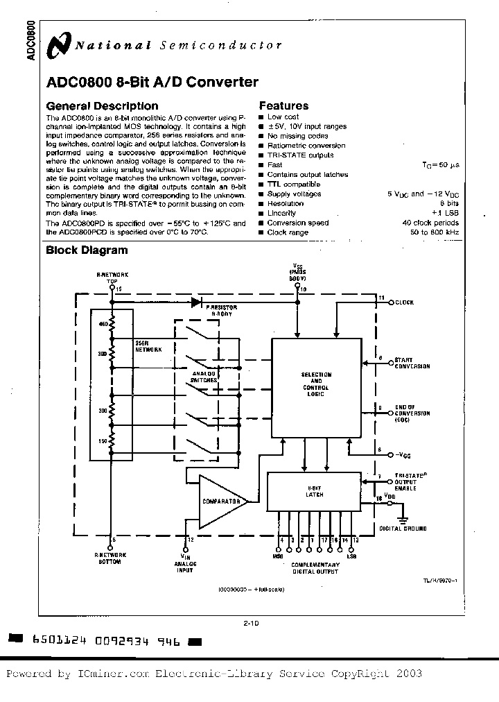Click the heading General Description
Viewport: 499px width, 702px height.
102,106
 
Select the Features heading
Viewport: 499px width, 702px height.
283,106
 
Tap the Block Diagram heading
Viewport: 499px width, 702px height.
87,250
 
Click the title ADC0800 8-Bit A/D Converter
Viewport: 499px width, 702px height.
152,83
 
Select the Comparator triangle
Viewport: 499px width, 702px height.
221,501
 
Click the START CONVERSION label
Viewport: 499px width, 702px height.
412,363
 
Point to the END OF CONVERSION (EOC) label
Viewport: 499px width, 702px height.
412,413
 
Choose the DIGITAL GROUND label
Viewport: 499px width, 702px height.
403,529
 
